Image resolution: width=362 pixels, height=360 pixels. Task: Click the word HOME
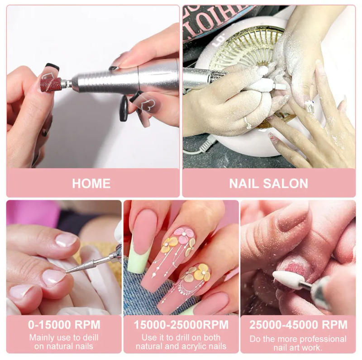[91, 183]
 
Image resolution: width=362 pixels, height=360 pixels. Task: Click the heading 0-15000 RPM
[64, 325]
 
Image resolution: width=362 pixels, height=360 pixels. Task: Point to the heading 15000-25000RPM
[181, 325]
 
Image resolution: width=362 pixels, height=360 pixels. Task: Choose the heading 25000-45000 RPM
[298, 325]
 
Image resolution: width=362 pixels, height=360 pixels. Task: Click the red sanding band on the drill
[50, 84]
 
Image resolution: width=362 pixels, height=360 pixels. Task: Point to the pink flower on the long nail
[184, 235]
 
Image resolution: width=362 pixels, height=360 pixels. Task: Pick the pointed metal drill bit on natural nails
[86, 265]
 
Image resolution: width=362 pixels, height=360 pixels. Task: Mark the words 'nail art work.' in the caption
[298, 347]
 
